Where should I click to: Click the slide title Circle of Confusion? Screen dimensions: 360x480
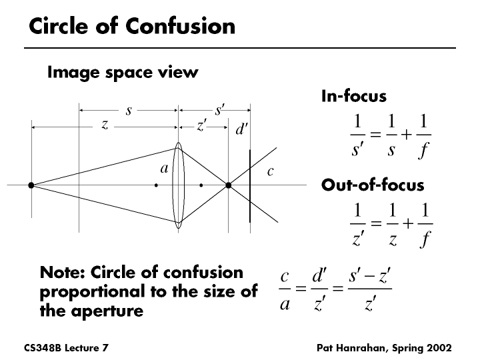click(x=132, y=26)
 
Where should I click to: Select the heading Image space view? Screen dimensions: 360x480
click(x=122, y=72)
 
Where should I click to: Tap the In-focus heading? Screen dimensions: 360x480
click(x=353, y=96)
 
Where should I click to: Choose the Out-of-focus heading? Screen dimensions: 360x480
click(x=372, y=185)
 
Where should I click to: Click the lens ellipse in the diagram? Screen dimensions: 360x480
click(x=178, y=185)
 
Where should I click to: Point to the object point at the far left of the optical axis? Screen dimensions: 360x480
click(x=31, y=185)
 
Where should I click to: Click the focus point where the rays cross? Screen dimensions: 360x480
click(x=228, y=185)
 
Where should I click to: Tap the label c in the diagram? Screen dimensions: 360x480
click(x=270, y=171)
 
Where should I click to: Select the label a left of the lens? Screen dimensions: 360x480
click(x=163, y=169)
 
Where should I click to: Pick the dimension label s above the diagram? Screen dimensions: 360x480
click(x=128, y=110)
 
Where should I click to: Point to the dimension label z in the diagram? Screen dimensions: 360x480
click(x=105, y=125)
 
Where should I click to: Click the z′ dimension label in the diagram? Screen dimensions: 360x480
click(x=201, y=125)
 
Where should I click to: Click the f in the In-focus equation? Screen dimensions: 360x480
click(x=423, y=150)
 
